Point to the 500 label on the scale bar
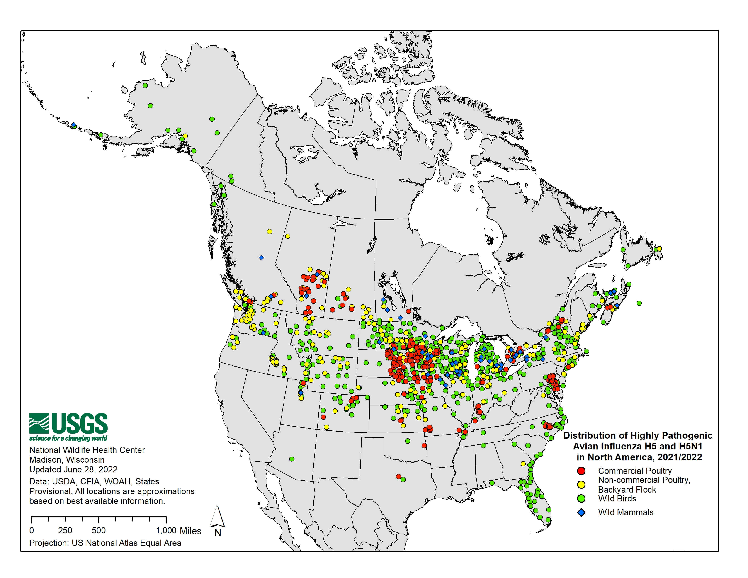click(x=99, y=530)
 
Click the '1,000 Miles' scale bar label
click(x=178, y=531)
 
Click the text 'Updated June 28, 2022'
click(x=73, y=469)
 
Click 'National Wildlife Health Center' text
click(x=87, y=450)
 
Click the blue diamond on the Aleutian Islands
click(x=74, y=125)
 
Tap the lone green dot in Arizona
click(x=292, y=459)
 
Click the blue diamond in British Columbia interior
click(x=261, y=257)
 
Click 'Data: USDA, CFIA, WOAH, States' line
click(x=94, y=481)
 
